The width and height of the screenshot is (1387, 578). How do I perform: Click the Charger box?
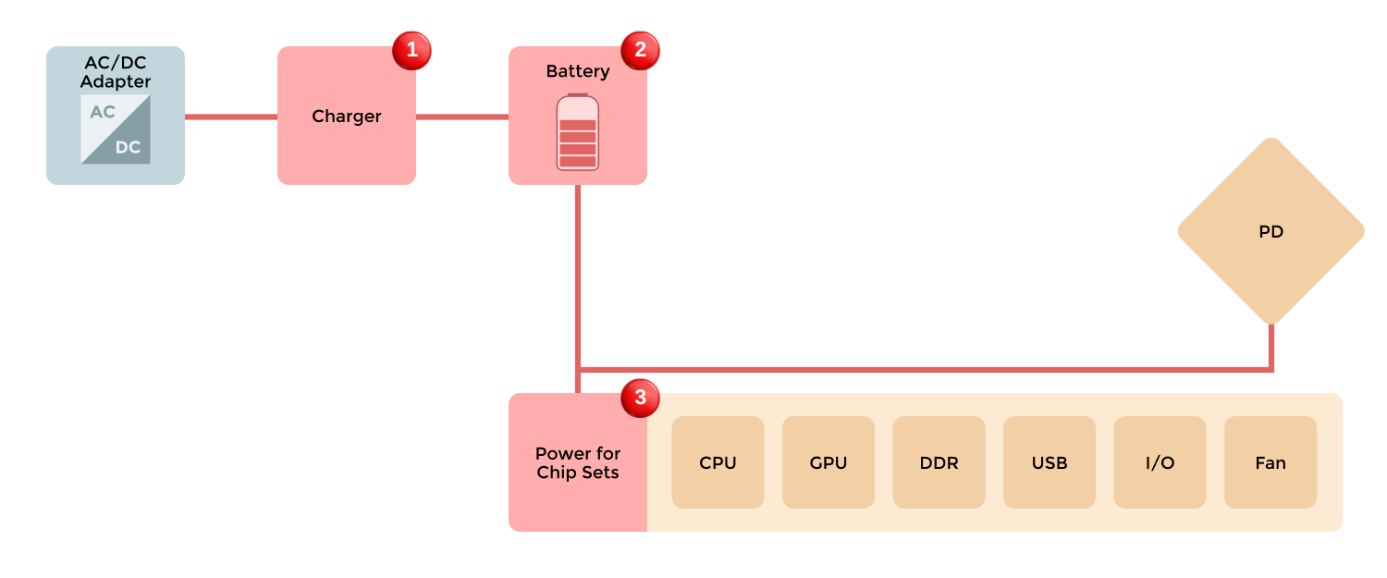pyautogui.click(x=346, y=117)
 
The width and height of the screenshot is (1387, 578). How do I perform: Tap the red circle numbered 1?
pyautogui.click(x=411, y=50)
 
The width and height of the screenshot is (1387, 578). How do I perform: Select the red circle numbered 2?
pyautogui.click(x=640, y=50)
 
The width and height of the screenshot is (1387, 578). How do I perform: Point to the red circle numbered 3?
pyautogui.click(x=640, y=398)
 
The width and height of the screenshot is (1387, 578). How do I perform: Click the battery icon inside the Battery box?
pyautogui.click(x=577, y=132)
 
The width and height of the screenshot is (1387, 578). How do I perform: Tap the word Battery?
pyautogui.click(x=577, y=71)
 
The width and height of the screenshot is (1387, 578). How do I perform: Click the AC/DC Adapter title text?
pyautogui.click(x=116, y=73)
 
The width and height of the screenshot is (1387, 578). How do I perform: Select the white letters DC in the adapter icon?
pyautogui.click(x=128, y=147)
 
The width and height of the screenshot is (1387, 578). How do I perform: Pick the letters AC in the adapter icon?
pyautogui.click(x=103, y=112)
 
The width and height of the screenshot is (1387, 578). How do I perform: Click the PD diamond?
pyautogui.click(x=1270, y=231)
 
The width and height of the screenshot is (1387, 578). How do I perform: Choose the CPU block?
pyautogui.click(x=718, y=462)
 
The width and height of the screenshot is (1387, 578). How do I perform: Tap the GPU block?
pyautogui.click(x=828, y=462)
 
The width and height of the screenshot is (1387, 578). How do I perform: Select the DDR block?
pyautogui.click(x=939, y=462)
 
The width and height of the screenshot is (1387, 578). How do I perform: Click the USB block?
pyautogui.click(x=1049, y=462)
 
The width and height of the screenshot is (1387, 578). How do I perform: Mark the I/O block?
pyautogui.click(x=1160, y=462)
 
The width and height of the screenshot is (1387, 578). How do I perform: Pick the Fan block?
pyautogui.click(x=1270, y=462)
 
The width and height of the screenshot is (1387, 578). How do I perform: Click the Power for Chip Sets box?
pyautogui.click(x=577, y=462)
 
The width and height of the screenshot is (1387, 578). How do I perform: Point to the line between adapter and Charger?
pyautogui.click(x=231, y=117)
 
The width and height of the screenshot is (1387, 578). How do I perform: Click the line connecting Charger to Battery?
pyautogui.click(x=462, y=117)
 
